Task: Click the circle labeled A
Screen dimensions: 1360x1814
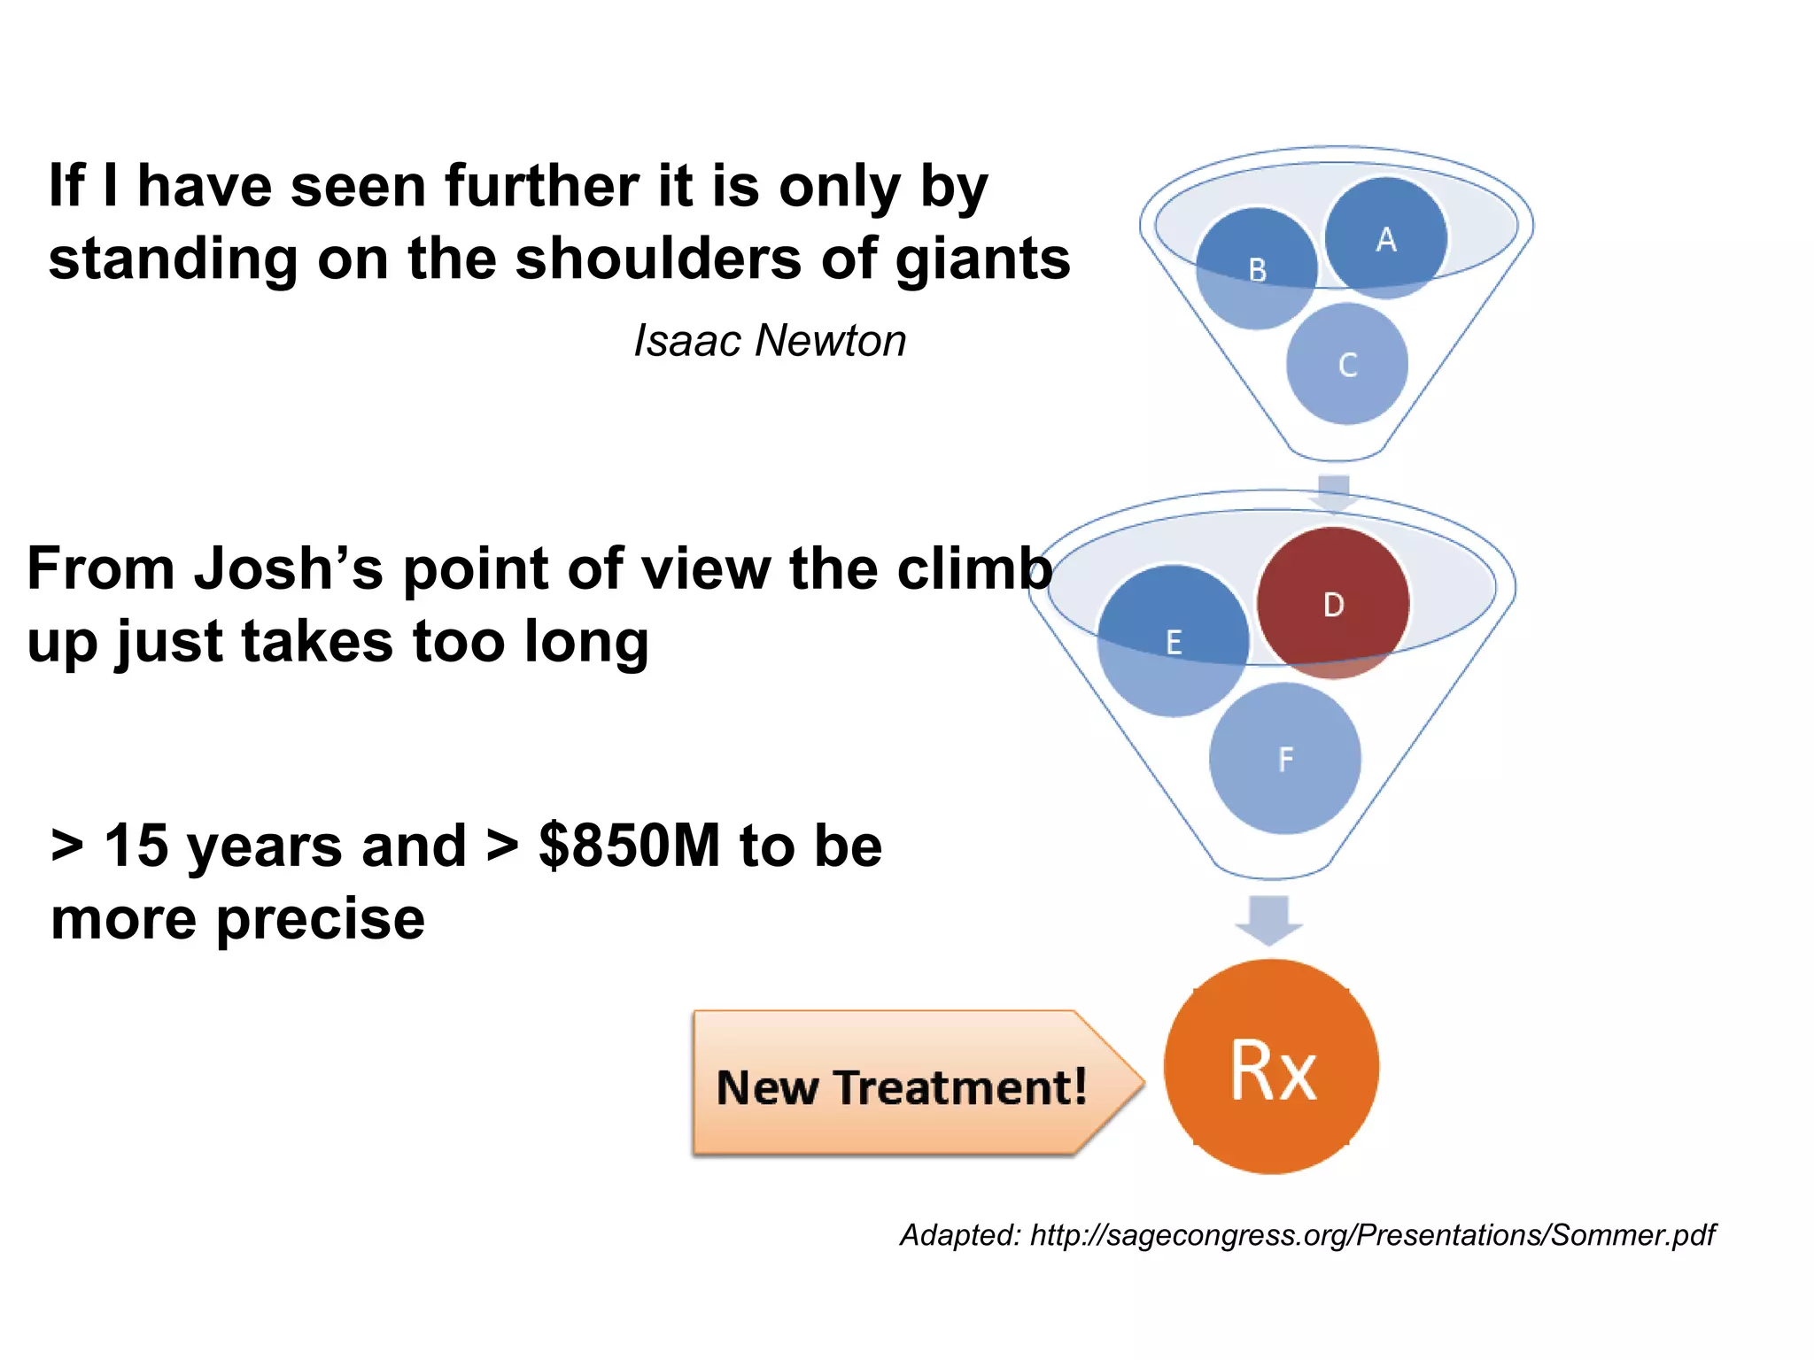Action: point(1386,238)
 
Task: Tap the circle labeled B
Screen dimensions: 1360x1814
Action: point(1256,269)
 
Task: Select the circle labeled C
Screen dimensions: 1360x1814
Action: point(1347,364)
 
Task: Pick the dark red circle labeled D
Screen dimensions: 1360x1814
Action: point(1333,604)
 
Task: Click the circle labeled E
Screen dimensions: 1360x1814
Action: point(1173,641)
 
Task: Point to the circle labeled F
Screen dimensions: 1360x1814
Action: point(1285,758)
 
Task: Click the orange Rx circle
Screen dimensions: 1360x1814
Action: point(1271,1067)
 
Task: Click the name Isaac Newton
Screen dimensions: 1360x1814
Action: point(770,341)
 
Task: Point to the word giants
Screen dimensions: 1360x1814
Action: point(982,259)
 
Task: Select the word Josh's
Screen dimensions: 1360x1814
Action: point(289,568)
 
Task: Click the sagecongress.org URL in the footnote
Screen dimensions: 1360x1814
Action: point(1372,1234)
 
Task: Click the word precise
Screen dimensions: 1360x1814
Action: point(321,919)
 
